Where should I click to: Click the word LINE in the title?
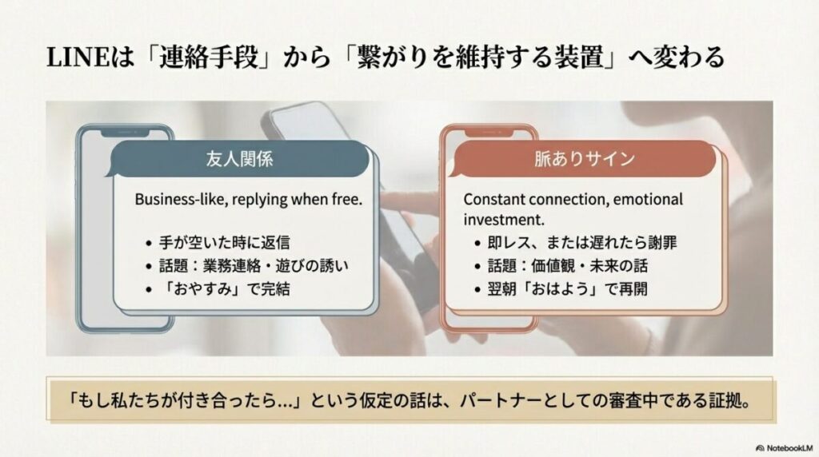click(70, 58)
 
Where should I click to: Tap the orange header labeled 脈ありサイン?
click(585, 158)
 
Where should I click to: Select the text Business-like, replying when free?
click(248, 199)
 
